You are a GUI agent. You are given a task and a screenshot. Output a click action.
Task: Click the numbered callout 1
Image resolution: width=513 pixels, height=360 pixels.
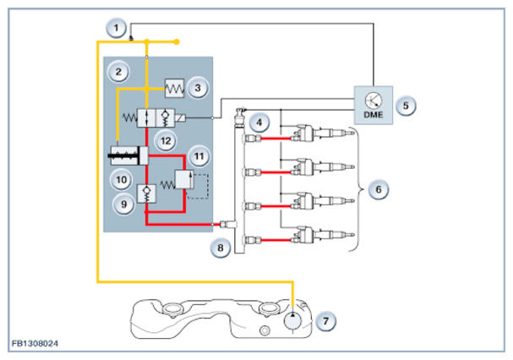click(x=116, y=28)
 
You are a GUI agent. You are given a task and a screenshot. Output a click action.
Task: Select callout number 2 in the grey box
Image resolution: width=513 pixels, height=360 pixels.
click(x=118, y=72)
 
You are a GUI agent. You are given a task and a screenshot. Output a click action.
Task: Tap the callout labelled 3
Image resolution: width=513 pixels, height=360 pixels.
click(x=198, y=88)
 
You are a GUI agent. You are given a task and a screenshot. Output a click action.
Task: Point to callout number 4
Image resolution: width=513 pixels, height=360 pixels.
click(x=259, y=123)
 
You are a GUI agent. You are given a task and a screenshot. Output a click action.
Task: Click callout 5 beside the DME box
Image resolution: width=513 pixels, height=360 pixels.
click(x=406, y=106)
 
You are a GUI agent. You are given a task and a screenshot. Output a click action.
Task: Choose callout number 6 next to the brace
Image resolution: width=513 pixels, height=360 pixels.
click(x=379, y=189)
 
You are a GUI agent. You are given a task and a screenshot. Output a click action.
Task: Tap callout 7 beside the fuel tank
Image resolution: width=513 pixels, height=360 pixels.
click(x=326, y=321)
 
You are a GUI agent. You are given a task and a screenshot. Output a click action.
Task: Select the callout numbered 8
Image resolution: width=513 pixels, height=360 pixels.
click(x=221, y=248)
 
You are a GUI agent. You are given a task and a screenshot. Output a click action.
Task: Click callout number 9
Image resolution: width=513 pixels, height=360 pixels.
click(x=123, y=205)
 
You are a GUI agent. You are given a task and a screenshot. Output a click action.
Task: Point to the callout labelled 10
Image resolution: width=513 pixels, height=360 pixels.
click(x=122, y=180)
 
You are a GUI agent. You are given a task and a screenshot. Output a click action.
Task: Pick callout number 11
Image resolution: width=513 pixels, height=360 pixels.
click(x=199, y=156)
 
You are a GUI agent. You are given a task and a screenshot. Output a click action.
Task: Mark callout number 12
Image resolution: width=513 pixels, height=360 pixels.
click(x=166, y=141)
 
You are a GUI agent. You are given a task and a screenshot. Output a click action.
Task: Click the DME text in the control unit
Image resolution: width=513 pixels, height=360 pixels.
click(x=374, y=115)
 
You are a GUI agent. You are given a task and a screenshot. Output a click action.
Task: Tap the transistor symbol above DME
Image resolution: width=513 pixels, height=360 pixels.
click(x=374, y=101)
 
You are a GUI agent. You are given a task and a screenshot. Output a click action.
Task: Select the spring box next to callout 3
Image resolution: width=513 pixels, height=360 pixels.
click(x=174, y=89)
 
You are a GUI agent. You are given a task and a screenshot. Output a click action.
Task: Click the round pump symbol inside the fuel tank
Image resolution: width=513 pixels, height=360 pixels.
click(x=292, y=320)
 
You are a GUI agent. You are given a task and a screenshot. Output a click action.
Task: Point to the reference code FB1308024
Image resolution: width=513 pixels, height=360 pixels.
click(x=35, y=343)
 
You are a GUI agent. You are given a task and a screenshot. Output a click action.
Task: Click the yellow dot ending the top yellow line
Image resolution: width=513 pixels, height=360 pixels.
click(x=177, y=42)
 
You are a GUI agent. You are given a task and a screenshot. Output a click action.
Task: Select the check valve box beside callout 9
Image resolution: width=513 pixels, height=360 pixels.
click(x=146, y=194)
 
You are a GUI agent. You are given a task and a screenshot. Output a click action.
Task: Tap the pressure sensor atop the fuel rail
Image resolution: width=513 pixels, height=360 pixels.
click(x=240, y=117)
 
